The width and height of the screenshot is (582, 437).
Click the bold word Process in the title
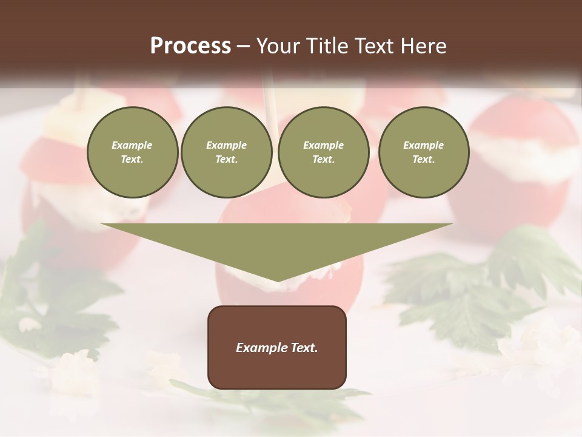pos(190,46)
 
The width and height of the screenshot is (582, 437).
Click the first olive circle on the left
pos(132,152)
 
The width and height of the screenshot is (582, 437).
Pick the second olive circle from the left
pos(226,152)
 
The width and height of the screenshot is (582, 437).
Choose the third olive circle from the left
pos(323,152)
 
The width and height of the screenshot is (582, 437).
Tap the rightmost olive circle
pos(423,152)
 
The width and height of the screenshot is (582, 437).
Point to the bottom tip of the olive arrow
pos(277,280)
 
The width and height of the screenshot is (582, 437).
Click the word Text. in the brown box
pos(304,348)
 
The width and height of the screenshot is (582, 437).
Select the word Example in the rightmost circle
pos(423,145)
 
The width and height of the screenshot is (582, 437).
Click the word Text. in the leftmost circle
pos(132,160)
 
